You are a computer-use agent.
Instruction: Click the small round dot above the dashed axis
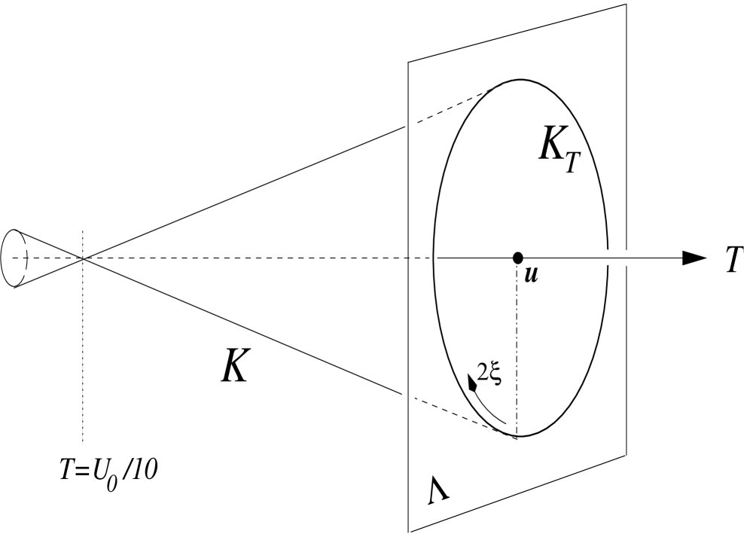(26, 246)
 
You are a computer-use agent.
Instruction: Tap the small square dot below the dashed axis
(25, 272)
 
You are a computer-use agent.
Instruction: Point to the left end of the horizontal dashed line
(20, 258)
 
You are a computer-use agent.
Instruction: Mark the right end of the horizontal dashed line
(425, 258)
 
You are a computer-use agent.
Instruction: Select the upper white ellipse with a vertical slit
(409, 121)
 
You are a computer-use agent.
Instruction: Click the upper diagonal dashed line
(467, 99)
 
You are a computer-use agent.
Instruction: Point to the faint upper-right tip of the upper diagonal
(514, 78)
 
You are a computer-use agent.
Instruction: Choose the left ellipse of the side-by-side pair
(606, 258)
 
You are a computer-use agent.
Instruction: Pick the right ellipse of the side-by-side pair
(627, 258)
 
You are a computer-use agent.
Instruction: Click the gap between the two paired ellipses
(616, 258)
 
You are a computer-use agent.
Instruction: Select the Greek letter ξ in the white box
(495, 371)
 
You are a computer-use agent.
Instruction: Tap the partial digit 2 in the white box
(484, 371)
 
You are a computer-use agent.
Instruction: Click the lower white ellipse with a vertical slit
(407, 397)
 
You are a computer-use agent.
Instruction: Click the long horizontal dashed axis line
(226, 258)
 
